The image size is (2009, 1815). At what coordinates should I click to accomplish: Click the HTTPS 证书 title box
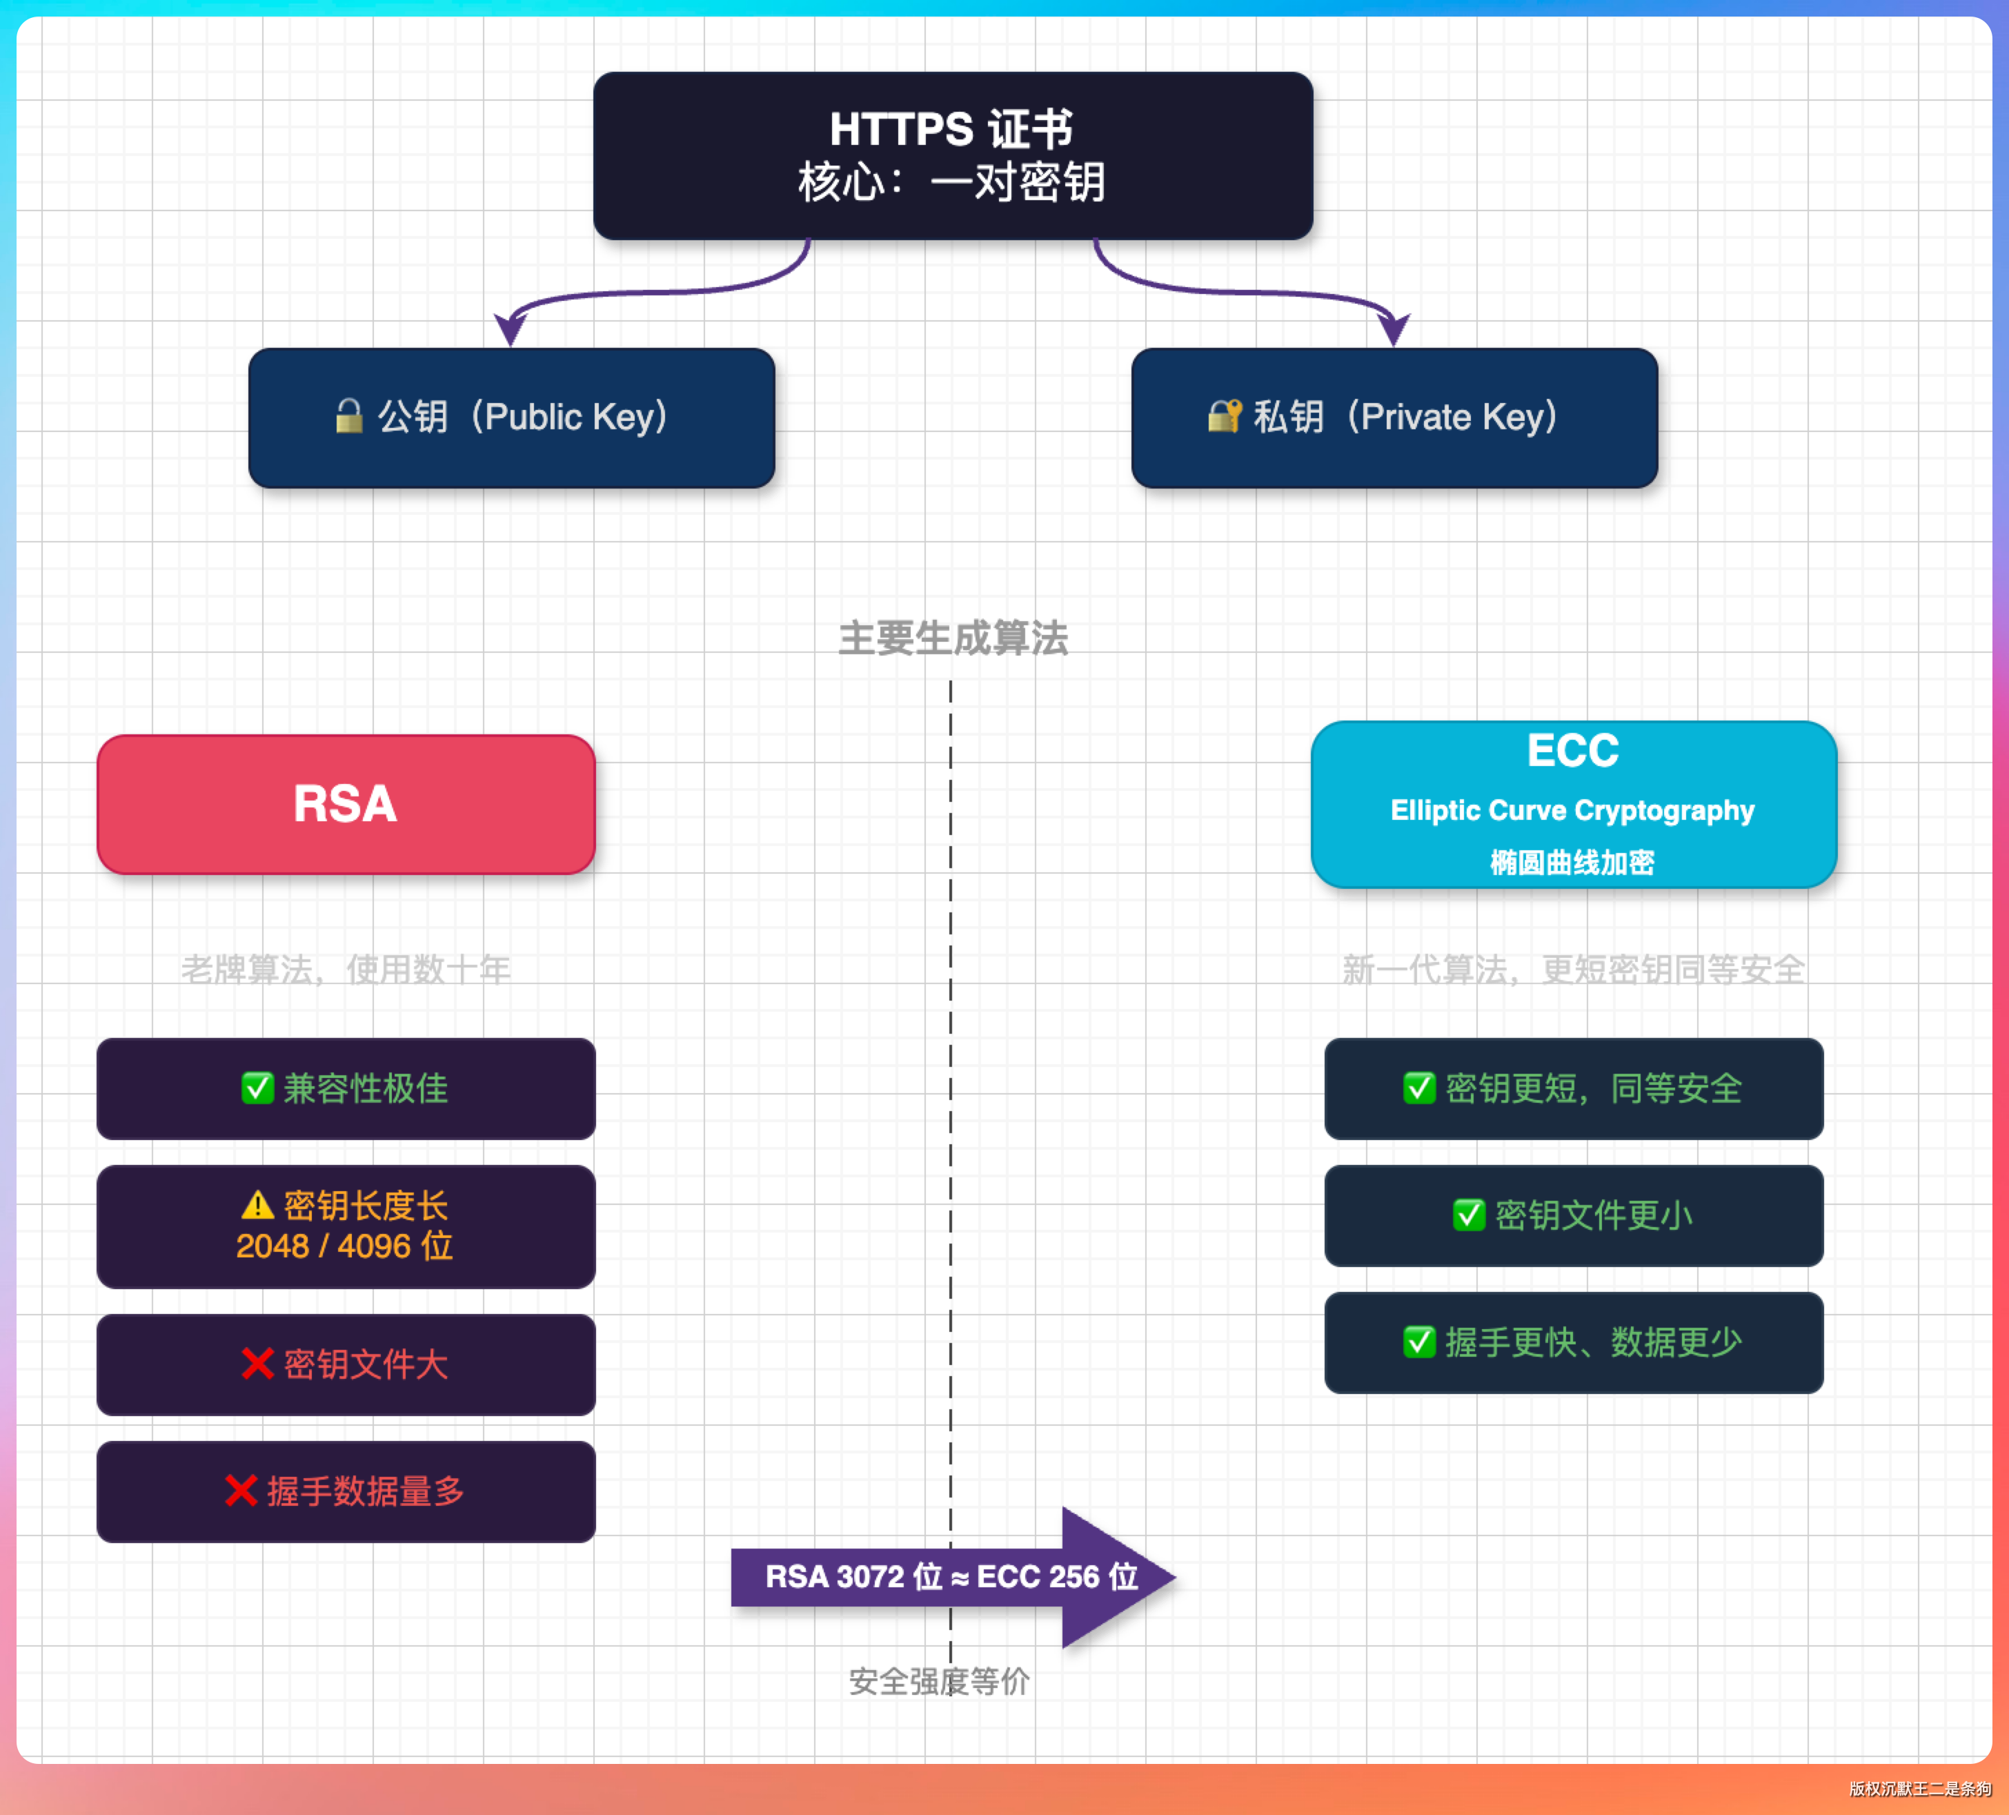(953, 155)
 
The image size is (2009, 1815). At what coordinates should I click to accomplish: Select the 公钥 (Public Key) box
(511, 418)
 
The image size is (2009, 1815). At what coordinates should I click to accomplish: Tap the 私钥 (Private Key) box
(1394, 418)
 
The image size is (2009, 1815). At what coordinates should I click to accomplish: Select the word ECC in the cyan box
(1572, 751)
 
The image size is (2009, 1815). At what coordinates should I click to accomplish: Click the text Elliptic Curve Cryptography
(1572, 810)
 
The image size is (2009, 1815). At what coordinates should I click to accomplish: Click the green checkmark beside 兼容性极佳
(257, 1088)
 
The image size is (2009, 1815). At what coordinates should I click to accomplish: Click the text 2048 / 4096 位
(345, 1246)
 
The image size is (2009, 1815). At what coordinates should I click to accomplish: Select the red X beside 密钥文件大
(257, 1364)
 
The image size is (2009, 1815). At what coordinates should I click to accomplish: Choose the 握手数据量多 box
(346, 1491)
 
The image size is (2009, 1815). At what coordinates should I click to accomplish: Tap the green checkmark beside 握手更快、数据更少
(1419, 1342)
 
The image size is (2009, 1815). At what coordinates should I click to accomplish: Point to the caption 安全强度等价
(939, 1681)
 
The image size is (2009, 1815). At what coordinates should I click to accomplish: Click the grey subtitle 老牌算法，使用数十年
(346, 969)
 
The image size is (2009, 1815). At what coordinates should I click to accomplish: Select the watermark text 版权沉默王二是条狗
(1919, 1788)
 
